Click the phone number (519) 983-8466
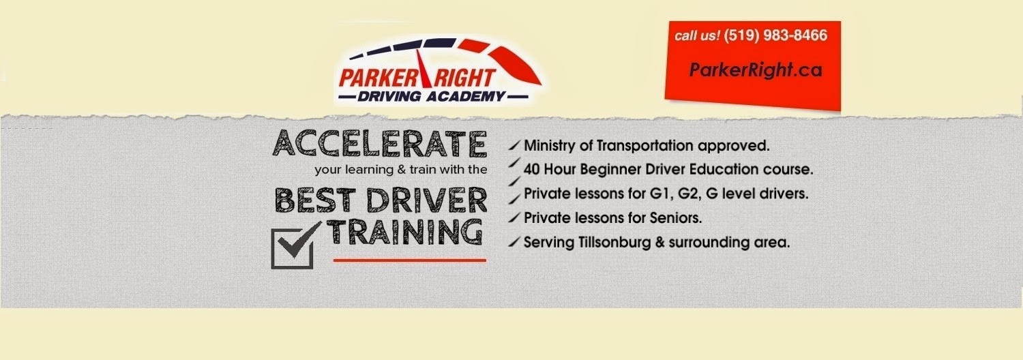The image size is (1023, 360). [x=775, y=35]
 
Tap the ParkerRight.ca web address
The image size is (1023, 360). [x=756, y=70]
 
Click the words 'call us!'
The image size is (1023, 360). [x=698, y=35]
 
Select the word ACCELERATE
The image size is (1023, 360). [x=379, y=143]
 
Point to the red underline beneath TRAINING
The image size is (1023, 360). [x=410, y=260]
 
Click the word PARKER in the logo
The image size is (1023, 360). [x=376, y=78]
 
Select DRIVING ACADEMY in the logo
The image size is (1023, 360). [x=432, y=97]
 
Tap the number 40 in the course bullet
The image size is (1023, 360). [x=531, y=170]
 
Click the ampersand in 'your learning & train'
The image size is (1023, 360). [x=402, y=170]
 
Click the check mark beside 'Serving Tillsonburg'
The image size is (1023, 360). [x=514, y=241]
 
